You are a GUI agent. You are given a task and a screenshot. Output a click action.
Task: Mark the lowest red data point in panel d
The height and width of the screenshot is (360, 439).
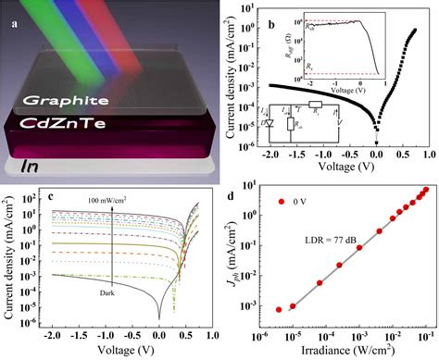pyautogui.click(x=280, y=309)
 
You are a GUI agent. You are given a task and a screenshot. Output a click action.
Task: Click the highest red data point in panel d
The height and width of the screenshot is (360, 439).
pyautogui.click(x=425, y=191)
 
